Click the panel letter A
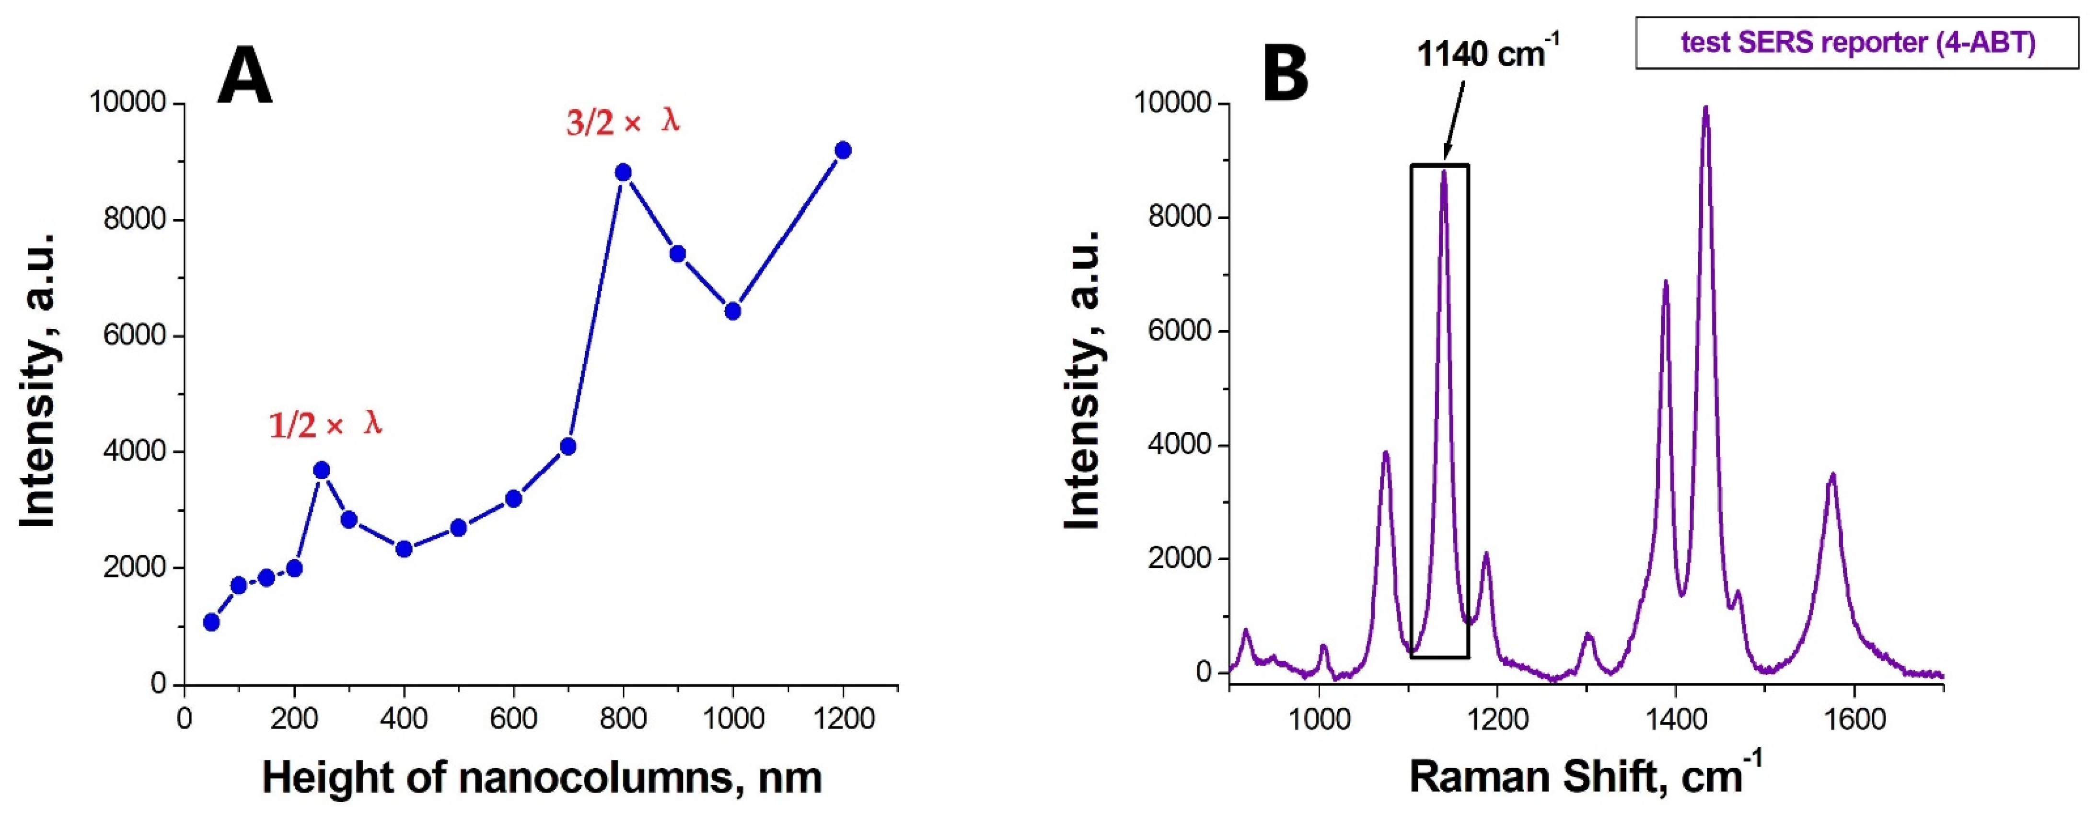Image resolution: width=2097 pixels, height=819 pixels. [244, 77]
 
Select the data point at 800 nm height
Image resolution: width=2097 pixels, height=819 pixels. [624, 173]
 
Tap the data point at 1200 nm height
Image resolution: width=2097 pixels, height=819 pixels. [844, 150]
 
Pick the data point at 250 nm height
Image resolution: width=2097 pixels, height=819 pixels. [322, 471]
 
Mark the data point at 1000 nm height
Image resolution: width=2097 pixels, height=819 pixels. [733, 311]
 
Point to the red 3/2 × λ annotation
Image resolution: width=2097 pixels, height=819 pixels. [623, 122]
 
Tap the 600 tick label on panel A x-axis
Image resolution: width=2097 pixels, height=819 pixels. [513, 720]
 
